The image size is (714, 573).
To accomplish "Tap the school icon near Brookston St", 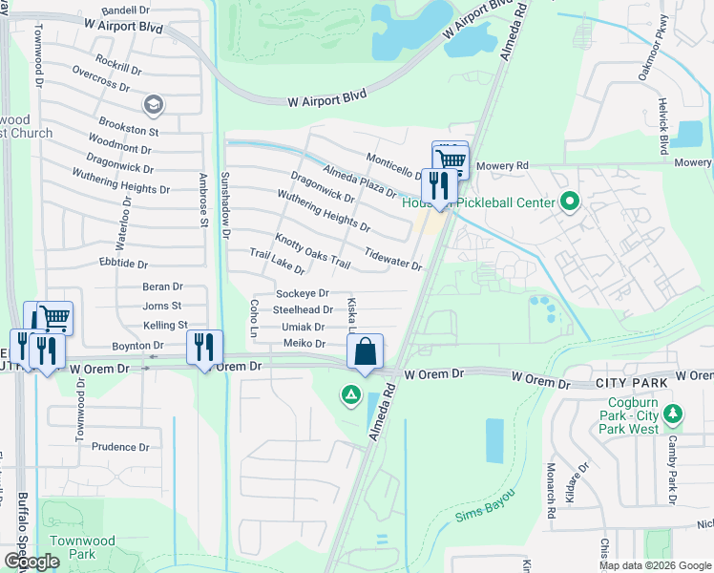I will pos(152,103).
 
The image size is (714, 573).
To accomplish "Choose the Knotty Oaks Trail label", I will pos(305,251).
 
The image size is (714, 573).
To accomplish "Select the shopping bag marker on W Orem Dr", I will pos(366,352).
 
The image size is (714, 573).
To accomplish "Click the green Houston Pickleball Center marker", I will pos(570,202).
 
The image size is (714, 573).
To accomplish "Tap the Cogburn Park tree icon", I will pos(674,414).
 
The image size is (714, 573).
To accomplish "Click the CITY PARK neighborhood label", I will pos(629,382).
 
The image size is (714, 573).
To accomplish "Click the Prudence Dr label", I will pos(120,446).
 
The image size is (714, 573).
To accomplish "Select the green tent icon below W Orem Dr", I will pos(351,393).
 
